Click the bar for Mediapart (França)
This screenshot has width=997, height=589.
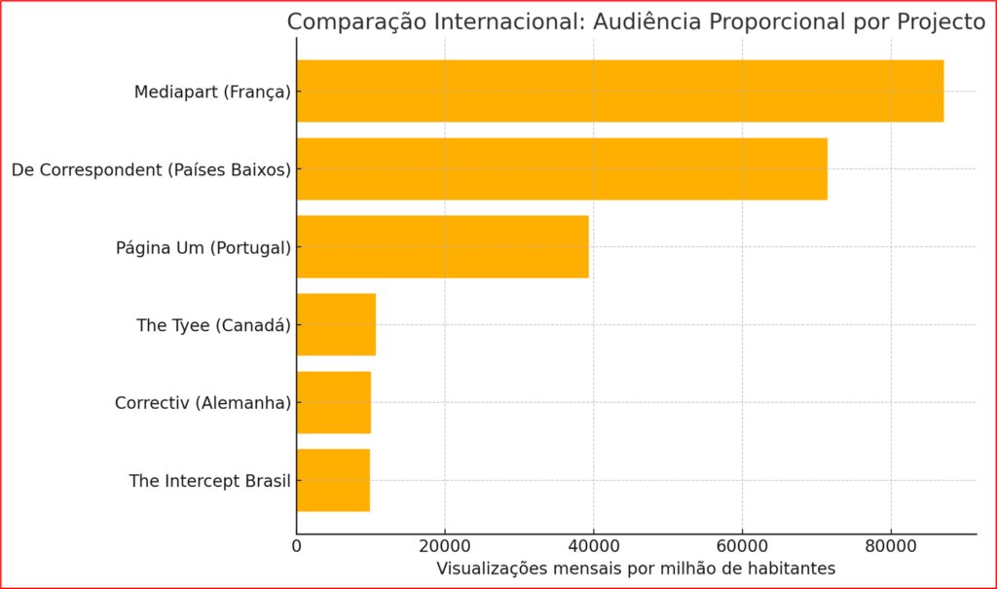pos(619,92)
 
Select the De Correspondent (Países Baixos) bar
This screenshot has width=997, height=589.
pos(562,169)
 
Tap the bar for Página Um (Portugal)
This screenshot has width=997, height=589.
pos(442,247)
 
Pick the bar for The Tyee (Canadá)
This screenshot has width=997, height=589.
pos(336,325)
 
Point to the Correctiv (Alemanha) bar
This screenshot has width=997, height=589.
pos(333,402)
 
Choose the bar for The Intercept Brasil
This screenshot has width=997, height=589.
pos(333,480)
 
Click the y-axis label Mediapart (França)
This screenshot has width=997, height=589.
pos(212,92)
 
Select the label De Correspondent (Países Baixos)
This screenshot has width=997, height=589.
pos(151,170)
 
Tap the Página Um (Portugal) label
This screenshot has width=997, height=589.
pos(203,247)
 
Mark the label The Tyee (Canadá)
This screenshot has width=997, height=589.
pos(213,325)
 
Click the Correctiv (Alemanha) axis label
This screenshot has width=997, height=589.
pos(203,402)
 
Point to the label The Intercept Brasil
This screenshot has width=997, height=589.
pos(209,481)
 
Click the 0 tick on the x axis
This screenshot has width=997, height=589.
pos(297,547)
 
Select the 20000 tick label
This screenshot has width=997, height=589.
pos(445,547)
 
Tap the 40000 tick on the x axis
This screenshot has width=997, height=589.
pos(594,547)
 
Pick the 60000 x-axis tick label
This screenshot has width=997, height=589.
pos(742,547)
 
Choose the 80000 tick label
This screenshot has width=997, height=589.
pos(891,547)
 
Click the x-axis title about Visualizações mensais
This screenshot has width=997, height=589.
pos(636,569)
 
